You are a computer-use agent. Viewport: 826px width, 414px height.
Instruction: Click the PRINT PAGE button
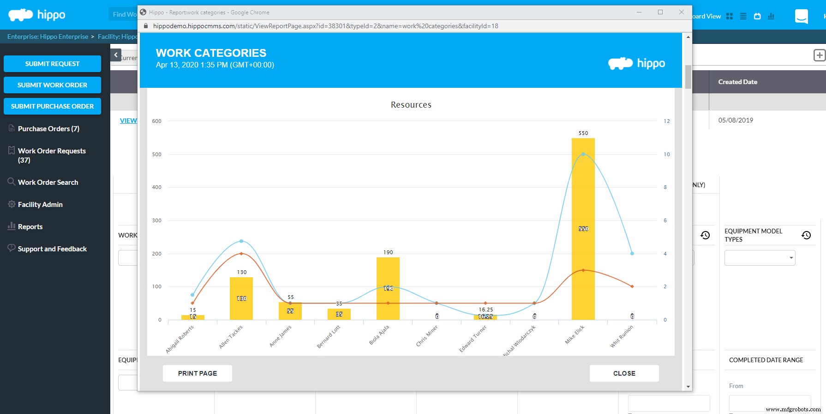point(198,373)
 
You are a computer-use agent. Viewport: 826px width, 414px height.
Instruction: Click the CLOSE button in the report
point(624,373)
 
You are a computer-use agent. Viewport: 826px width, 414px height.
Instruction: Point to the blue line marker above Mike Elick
point(583,154)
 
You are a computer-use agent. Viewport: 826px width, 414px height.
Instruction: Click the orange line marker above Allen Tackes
point(241,254)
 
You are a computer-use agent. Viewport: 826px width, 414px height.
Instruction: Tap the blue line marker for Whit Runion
point(632,254)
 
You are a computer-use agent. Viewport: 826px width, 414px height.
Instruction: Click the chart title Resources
point(411,105)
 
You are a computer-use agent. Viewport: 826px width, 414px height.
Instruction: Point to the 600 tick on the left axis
point(157,121)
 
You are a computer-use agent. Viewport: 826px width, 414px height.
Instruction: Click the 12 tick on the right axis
point(667,121)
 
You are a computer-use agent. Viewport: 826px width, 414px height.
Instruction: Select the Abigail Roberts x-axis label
point(180,339)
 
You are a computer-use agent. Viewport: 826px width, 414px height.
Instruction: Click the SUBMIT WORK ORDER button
point(52,85)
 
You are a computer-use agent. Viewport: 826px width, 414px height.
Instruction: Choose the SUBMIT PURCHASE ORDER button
point(52,106)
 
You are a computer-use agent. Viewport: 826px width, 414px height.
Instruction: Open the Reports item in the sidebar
point(30,227)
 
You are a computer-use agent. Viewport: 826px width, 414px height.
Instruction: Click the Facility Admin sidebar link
point(40,205)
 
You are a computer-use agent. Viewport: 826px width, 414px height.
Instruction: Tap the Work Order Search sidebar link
point(48,183)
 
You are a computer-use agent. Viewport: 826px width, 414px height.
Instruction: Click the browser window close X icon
point(682,12)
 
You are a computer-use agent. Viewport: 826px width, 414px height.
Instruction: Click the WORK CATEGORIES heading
point(211,53)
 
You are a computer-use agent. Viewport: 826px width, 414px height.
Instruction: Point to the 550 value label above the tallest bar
point(583,133)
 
